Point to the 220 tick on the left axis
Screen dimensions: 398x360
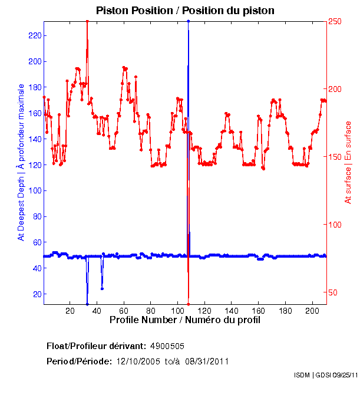(35, 35)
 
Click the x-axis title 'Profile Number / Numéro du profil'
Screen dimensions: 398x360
(185, 320)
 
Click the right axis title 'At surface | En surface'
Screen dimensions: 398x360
(348, 162)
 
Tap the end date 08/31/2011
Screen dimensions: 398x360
(207, 361)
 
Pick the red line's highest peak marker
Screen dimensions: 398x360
(87, 21)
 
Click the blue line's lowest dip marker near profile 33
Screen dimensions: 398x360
(87, 304)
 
